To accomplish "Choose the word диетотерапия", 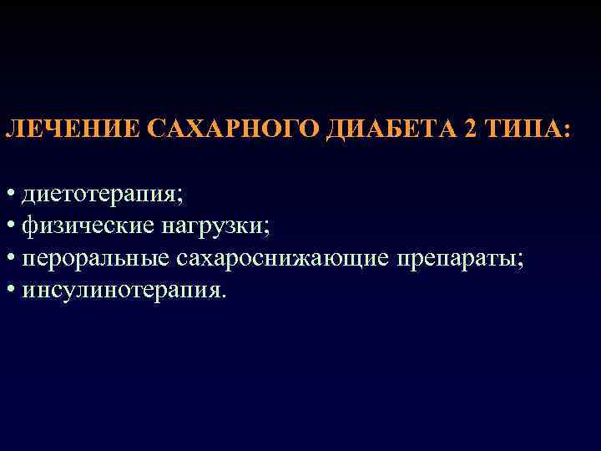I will pos(99,195).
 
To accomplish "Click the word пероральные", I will pos(95,258).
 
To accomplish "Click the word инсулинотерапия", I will pos(121,290).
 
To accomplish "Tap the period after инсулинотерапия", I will pos(223,296).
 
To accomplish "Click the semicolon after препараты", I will pos(522,261).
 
